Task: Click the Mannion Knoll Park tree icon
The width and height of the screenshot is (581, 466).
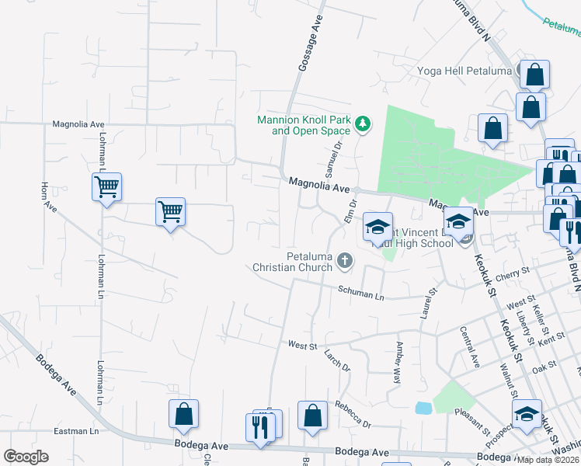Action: [x=362, y=123]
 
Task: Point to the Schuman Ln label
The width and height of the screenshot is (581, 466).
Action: [x=360, y=294]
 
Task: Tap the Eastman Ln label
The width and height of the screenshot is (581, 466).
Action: [x=77, y=431]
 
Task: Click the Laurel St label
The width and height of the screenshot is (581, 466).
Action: [x=427, y=299]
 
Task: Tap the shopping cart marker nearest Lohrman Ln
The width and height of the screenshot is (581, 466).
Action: [x=106, y=186]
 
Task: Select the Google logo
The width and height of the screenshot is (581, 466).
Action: [x=27, y=457]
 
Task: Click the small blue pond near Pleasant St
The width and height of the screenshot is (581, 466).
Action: [x=423, y=408]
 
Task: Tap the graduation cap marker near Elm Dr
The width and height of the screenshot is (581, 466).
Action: [x=377, y=227]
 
